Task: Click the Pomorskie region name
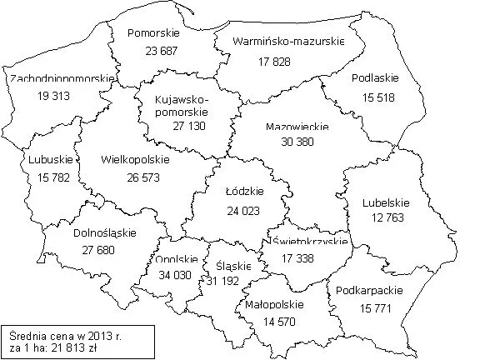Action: click(151, 33)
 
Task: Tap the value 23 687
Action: click(151, 50)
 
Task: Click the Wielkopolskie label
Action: click(133, 158)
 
